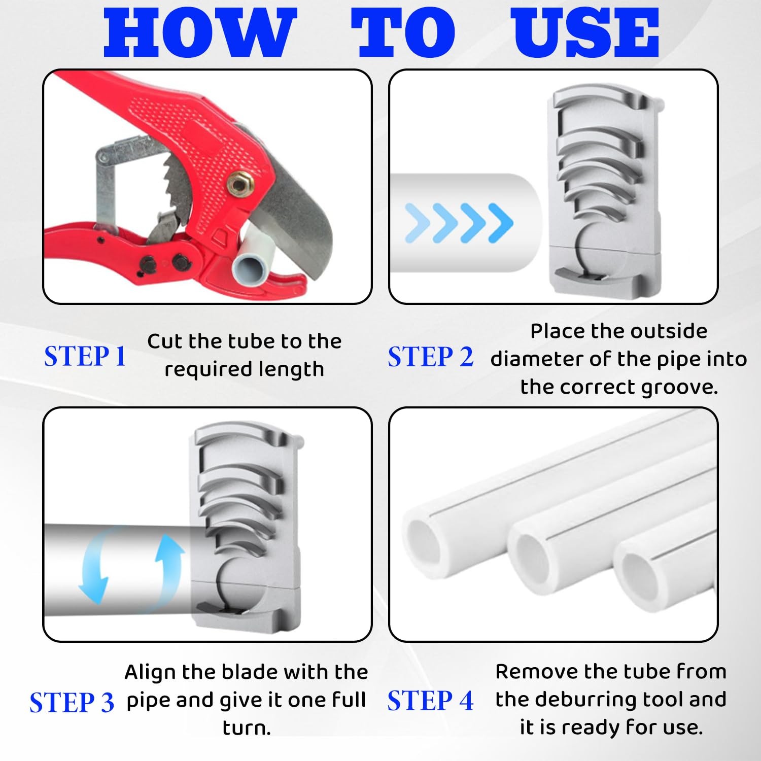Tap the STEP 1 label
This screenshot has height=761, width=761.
tap(85, 356)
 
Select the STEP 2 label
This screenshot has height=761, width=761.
tap(430, 357)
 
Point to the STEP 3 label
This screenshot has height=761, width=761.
tap(72, 703)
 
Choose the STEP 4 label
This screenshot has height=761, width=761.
tap(430, 701)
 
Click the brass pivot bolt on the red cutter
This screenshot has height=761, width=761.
tap(238, 184)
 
